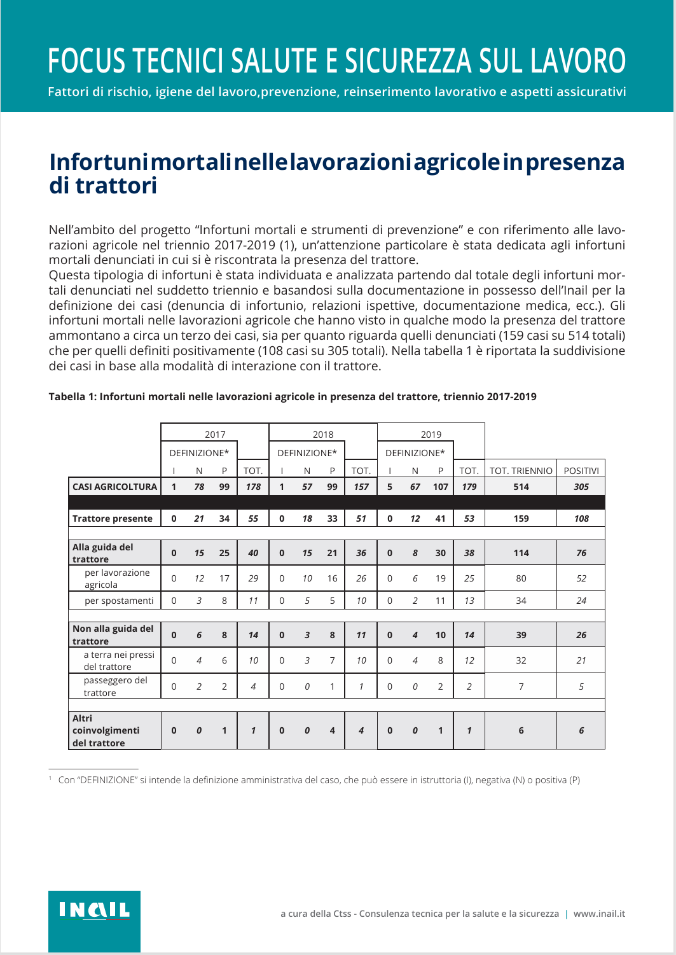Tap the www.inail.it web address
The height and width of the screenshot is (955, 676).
coord(599,914)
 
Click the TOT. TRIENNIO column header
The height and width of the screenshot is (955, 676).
coord(521,471)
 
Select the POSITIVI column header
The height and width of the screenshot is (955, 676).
coord(581,471)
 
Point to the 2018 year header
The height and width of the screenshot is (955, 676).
coord(323,435)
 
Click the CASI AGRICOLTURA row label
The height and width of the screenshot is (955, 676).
coord(114,487)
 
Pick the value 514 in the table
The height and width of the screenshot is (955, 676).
coord(521,487)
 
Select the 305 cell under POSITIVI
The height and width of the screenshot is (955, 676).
coord(581,487)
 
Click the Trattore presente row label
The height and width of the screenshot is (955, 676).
coord(113,519)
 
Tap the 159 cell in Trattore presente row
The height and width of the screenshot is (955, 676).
coord(521,519)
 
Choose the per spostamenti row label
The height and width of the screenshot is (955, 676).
coord(119,601)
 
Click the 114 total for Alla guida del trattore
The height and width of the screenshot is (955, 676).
coord(521,553)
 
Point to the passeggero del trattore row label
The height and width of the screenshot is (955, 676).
coord(115,687)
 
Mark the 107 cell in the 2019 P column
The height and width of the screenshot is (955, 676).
coord(440,487)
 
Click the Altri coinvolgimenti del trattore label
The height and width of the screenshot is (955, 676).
coord(105,730)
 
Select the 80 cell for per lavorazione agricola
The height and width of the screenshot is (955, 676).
coord(521,578)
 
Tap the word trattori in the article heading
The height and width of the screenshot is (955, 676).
coord(116,186)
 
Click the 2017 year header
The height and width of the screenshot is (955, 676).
coord(215,435)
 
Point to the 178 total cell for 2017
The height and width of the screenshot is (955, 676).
coord(253,487)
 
